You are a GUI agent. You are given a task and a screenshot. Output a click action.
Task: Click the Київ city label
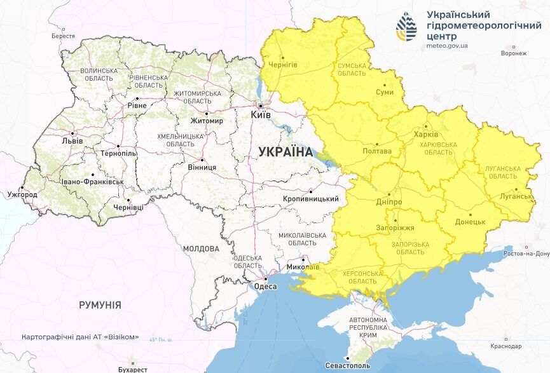[261, 115]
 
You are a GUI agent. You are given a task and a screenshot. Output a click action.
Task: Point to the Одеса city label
[265, 287]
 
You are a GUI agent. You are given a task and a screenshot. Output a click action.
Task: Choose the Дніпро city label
[389, 201]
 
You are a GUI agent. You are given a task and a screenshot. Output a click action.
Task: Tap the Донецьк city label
[470, 222]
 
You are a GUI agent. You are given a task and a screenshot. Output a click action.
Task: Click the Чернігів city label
[283, 65]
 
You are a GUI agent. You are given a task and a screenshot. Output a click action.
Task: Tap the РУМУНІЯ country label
[100, 305]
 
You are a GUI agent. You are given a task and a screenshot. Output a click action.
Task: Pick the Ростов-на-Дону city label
[526, 254]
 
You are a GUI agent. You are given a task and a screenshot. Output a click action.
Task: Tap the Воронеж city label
[513, 53]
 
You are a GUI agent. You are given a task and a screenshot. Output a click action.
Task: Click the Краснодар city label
[506, 346]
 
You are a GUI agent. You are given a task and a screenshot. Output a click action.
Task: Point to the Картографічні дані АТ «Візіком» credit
[79, 337]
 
